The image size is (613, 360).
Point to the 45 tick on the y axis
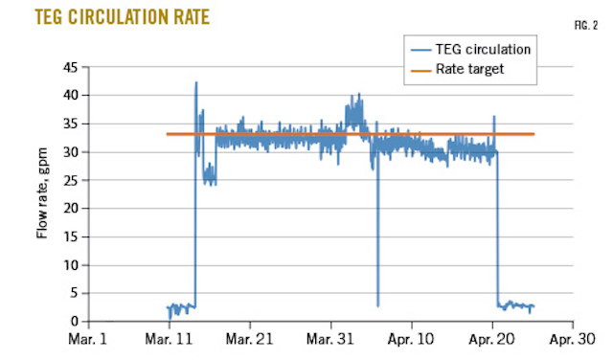[x=70, y=67]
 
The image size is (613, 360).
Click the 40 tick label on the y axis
[x=70, y=96]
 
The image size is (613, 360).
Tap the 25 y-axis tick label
[x=70, y=181]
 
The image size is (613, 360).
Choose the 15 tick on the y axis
[x=70, y=237]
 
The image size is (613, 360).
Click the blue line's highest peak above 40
[x=196, y=82]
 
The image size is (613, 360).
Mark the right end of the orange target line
[x=534, y=134]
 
